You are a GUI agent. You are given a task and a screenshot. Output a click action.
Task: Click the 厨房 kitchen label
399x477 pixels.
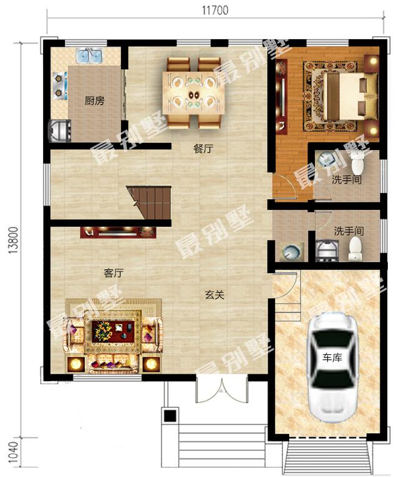[94, 100]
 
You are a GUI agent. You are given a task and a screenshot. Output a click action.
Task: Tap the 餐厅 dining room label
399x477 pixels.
[203, 149]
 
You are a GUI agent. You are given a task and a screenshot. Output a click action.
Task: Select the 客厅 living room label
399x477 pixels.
[113, 273]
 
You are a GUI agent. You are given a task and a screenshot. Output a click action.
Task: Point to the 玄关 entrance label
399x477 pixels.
[214, 295]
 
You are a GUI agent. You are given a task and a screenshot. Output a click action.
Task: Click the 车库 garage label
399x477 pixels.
[332, 357]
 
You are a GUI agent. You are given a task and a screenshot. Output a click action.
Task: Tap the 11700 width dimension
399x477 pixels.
[215, 11]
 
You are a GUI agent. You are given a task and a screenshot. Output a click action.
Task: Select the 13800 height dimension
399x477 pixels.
[14, 240]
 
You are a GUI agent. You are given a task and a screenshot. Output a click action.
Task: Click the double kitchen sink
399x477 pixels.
[90, 55]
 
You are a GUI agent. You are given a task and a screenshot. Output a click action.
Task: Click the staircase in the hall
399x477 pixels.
[149, 202]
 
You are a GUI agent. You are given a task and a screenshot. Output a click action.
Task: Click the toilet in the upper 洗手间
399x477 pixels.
[358, 162]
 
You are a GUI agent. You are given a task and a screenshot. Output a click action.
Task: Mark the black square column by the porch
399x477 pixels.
[170, 415]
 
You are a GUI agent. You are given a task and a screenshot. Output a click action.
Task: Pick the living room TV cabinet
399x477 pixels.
[118, 232]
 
